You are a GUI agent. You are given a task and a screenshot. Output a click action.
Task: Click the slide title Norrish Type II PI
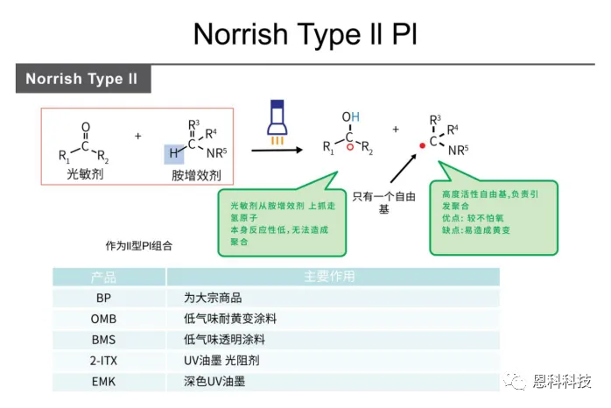point(305,34)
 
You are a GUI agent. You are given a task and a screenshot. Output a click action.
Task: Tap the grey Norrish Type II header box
point(82,79)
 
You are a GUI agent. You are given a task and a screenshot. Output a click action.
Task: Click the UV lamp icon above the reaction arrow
point(277,123)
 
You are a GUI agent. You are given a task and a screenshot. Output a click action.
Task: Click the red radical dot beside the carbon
point(423,144)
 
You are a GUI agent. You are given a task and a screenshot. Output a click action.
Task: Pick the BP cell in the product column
point(104,297)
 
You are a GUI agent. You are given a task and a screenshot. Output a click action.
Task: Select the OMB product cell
point(104,318)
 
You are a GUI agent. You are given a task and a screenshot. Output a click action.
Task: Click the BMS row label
point(104,339)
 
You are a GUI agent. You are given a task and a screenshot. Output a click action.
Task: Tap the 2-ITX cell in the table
point(104,360)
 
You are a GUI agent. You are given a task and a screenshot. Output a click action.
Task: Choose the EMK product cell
point(104,381)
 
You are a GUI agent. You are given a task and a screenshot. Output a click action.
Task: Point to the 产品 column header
point(104,277)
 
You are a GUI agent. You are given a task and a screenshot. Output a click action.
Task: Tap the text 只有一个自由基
point(383,204)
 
